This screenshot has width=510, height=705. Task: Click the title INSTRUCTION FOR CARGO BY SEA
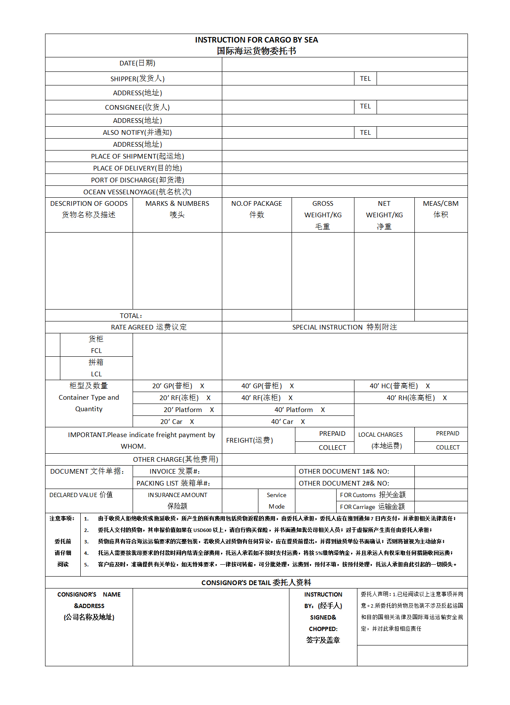tap(256, 40)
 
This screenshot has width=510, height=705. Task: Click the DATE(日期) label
tap(137, 63)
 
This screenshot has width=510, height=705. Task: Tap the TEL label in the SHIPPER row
tap(365, 79)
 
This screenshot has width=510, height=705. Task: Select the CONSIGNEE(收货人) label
tap(137, 107)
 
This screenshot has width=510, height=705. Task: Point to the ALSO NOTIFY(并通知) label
tap(137, 133)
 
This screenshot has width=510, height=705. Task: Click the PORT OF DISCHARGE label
tap(137, 180)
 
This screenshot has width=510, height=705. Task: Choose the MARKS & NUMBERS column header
tap(177, 204)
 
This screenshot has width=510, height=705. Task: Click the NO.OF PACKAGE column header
tap(256, 204)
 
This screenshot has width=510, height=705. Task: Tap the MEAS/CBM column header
tap(441, 204)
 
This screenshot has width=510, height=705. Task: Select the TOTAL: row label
tap(131, 316)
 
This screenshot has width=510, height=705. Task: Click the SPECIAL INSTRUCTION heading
tap(344, 327)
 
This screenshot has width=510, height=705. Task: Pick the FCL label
tap(96, 351)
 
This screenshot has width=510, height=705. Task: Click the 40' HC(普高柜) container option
tap(394, 386)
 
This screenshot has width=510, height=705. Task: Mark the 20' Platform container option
tap(183, 410)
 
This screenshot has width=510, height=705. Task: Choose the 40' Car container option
tap(282, 422)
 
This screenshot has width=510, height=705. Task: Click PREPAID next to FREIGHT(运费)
tap(332, 434)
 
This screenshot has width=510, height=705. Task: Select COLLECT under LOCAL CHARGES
tap(448, 448)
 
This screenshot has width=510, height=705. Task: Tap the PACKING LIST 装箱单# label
tap(173, 483)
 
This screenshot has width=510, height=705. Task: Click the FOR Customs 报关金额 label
tap(373, 495)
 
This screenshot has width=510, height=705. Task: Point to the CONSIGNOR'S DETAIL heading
tap(256, 583)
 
